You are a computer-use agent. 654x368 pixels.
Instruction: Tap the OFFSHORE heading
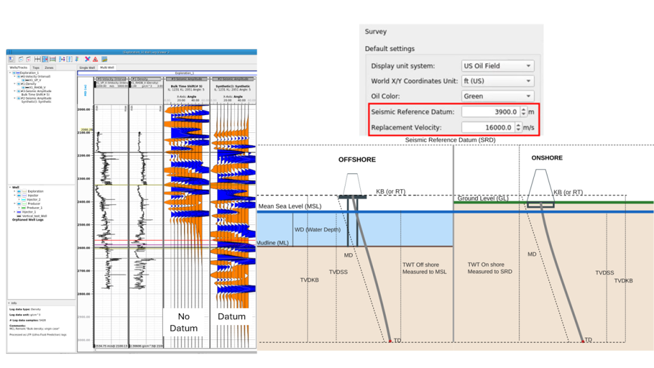357,160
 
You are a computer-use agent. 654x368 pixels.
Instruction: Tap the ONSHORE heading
547,158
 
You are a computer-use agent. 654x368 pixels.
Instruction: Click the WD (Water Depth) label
317,229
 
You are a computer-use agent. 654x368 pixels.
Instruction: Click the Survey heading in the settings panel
376,32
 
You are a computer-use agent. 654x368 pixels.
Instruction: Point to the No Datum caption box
183,322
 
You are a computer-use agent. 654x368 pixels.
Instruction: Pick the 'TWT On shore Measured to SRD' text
490,268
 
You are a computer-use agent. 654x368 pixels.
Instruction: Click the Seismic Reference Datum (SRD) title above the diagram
450,140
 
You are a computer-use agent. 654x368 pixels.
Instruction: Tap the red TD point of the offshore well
390,341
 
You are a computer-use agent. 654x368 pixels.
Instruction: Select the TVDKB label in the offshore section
309,280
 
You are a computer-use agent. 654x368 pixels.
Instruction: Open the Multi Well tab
107,67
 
